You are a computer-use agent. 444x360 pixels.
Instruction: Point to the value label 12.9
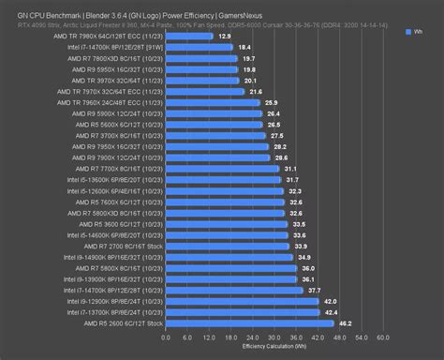[x=223, y=37]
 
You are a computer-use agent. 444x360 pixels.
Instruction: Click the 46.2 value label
[x=344, y=322]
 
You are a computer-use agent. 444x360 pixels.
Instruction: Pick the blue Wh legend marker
[x=410, y=31]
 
